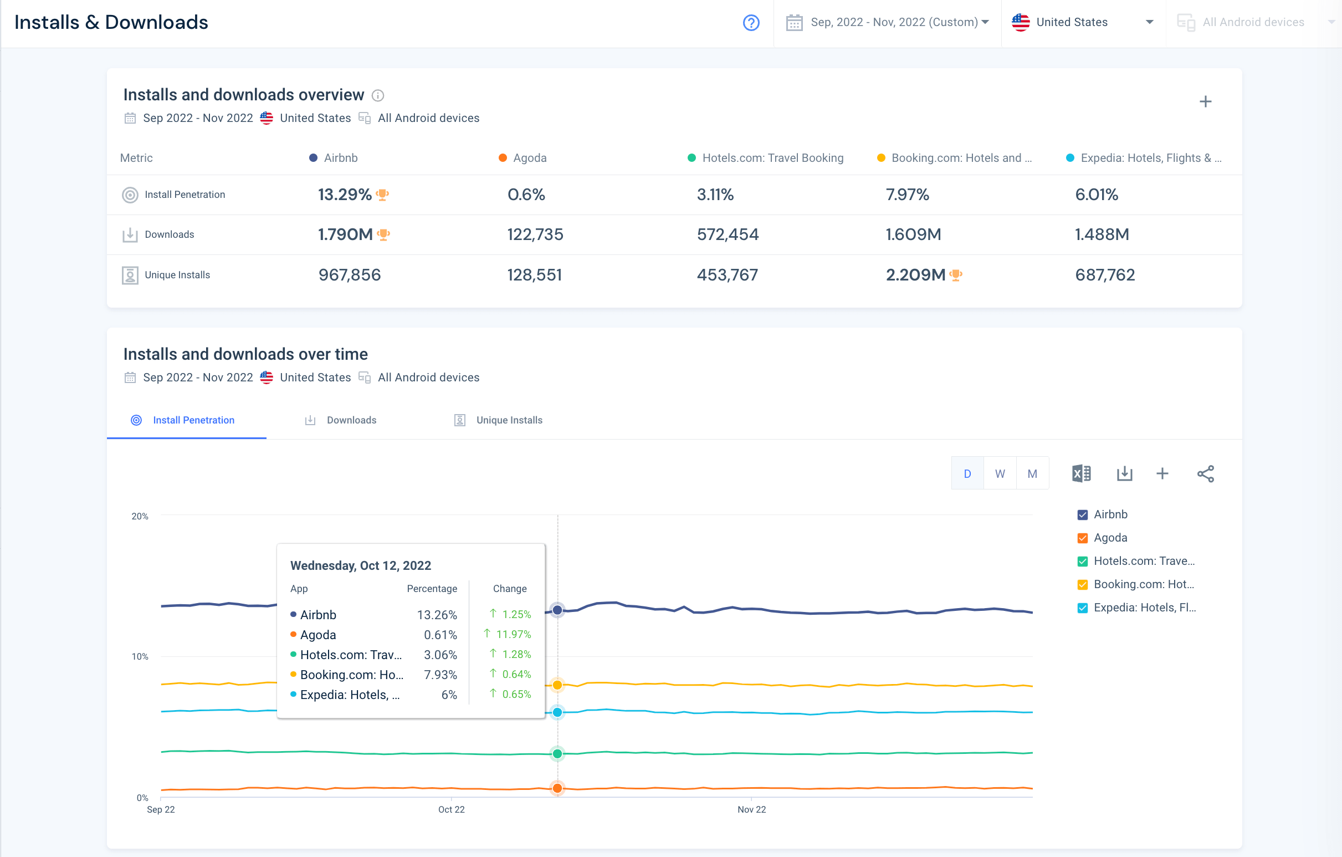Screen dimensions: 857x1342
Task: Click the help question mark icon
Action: click(751, 23)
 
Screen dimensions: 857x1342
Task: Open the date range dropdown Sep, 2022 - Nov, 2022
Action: click(888, 23)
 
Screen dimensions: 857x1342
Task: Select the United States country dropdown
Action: click(1082, 23)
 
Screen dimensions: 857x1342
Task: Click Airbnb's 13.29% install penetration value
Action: click(345, 195)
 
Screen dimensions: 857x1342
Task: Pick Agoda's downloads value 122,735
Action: click(535, 234)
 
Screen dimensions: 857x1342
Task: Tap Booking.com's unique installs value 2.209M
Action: click(915, 275)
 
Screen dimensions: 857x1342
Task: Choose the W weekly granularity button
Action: click(1000, 474)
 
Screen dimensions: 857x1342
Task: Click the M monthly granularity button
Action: click(1032, 474)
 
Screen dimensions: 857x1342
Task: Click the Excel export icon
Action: click(1081, 474)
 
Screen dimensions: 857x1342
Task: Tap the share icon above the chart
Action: click(1205, 474)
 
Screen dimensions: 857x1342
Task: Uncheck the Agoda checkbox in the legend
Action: click(1082, 539)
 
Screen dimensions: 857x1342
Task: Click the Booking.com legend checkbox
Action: click(1082, 585)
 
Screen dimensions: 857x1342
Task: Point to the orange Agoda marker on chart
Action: click(557, 788)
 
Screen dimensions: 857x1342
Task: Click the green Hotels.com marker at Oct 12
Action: click(557, 754)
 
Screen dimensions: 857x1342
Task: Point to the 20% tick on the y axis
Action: click(140, 516)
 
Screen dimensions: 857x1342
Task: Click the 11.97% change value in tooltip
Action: click(513, 635)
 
